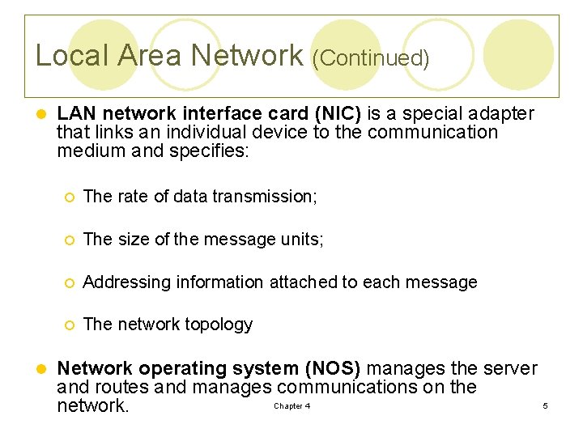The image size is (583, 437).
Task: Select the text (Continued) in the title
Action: (370, 58)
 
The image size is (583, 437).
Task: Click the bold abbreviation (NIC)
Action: (333, 113)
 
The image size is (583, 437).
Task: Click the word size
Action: (134, 239)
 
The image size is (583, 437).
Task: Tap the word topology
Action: (222, 325)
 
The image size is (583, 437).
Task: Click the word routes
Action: (124, 387)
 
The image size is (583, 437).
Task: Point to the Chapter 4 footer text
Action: (291, 406)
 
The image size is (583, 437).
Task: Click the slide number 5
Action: (545, 405)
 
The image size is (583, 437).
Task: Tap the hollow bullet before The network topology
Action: (71, 325)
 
